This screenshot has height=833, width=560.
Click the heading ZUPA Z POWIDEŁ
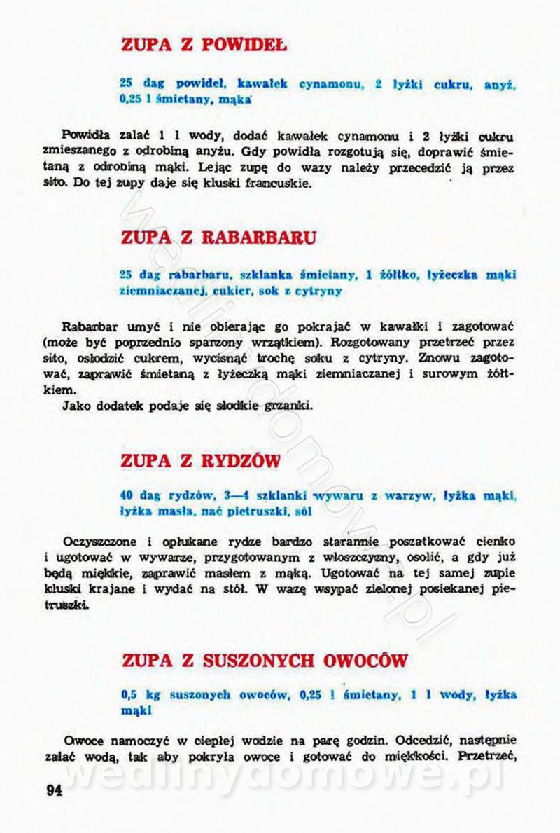[204, 46]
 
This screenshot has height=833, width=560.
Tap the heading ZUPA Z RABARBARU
[218, 236]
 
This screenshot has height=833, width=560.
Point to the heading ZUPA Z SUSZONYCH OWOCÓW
[265, 661]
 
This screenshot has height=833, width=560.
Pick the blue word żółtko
[399, 275]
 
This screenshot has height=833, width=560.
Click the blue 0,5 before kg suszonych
[129, 694]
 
